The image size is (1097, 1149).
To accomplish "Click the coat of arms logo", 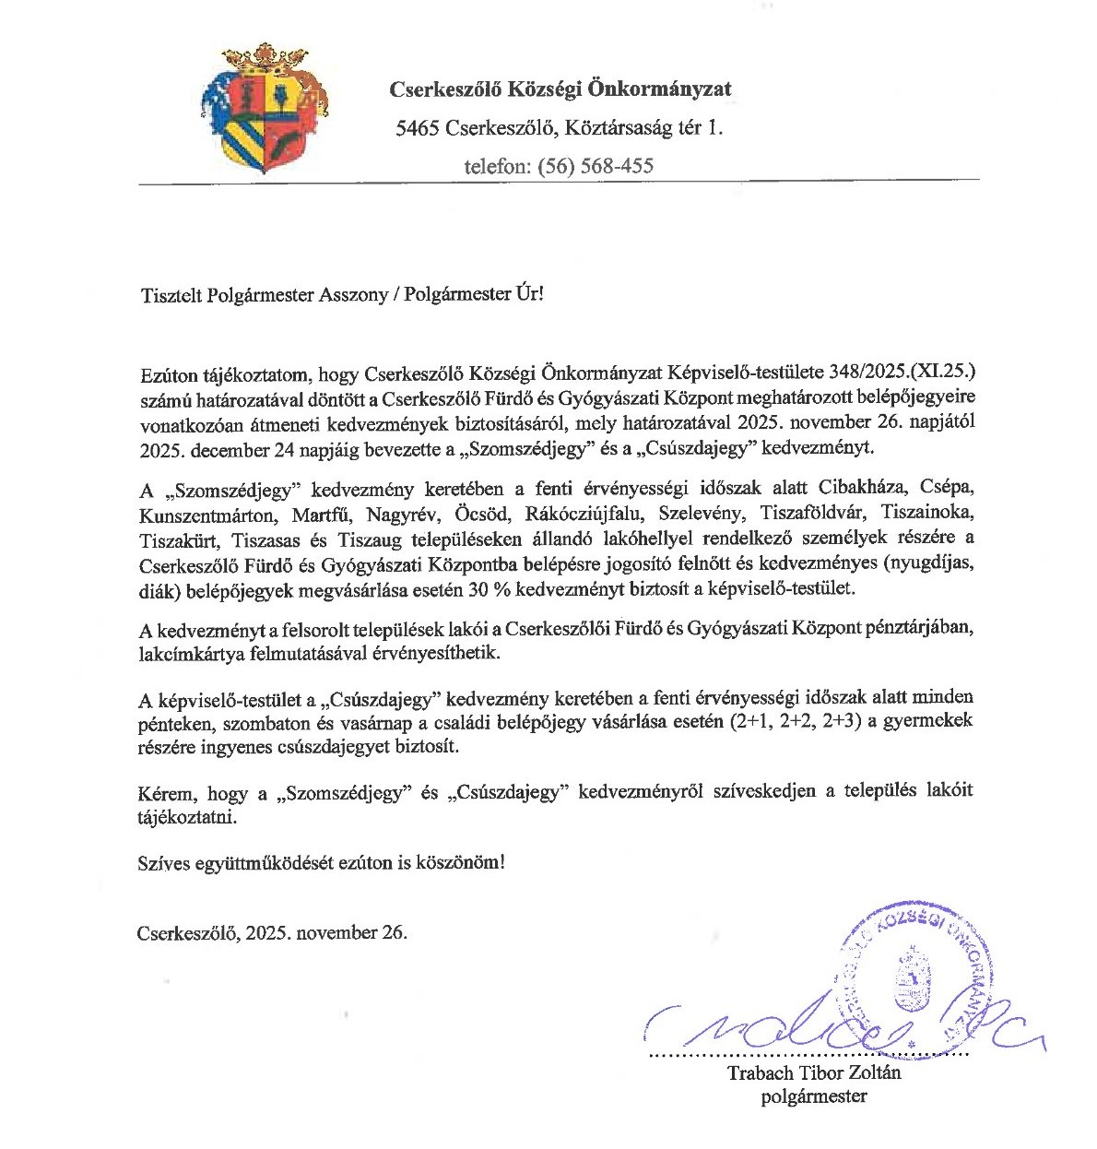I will (264, 109).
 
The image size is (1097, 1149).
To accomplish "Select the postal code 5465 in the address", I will (417, 128).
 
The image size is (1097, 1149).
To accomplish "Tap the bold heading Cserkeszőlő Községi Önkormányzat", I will (560, 89).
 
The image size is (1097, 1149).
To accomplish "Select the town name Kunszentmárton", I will (206, 514).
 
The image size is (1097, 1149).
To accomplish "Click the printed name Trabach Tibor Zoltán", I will (813, 1072).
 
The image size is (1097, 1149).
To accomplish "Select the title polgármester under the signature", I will (813, 1096).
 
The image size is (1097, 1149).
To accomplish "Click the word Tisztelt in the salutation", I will (171, 295).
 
